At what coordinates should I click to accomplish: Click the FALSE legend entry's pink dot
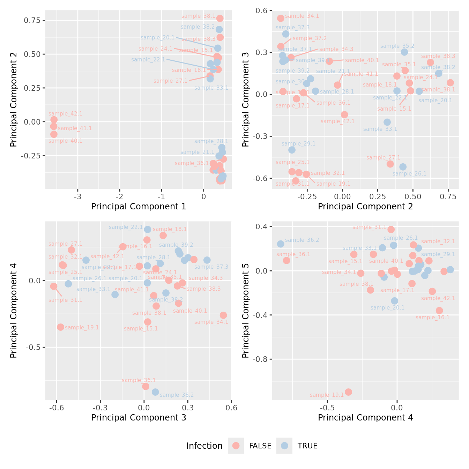pyautogui.click(x=236, y=446)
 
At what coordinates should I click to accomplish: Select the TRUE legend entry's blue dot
pyautogui.click(x=285, y=446)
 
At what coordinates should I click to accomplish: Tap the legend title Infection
pyautogui.click(x=204, y=446)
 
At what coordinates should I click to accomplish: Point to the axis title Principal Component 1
pyautogui.click(x=139, y=206)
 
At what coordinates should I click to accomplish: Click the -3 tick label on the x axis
pyautogui.click(x=78, y=196)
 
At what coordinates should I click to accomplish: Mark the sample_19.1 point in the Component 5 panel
pyautogui.click(x=348, y=392)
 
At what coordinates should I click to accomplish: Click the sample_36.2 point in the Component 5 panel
pyautogui.click(x=281, y=244)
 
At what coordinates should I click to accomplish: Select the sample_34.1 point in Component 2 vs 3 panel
pyautogui.click(x=281, y=18)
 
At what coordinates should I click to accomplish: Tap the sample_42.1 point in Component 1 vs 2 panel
pyautogui.click(x=54, y=120)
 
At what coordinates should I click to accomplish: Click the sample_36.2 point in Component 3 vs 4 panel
pyautogui.click(x=155, y=392)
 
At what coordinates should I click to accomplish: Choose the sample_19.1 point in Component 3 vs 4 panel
pyautogui.click(x=61, y=327)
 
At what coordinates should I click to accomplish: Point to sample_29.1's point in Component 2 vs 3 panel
pyautogui.click(x=292, y=150)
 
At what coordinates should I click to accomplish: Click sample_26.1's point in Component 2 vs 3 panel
pyautogui.click(x=403, y=167)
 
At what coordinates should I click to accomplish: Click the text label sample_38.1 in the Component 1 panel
pyautogui.click(x=199, y=16)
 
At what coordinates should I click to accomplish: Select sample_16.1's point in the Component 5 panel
pyautogui.click(x=439, y=311)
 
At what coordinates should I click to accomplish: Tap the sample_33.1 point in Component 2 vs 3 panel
pyautogui.click(x=387, y=122)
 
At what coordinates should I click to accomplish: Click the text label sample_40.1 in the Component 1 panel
pyautogui.click(x=66, y=141)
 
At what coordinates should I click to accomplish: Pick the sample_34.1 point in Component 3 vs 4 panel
pyautogui.click(x=223, y=315)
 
